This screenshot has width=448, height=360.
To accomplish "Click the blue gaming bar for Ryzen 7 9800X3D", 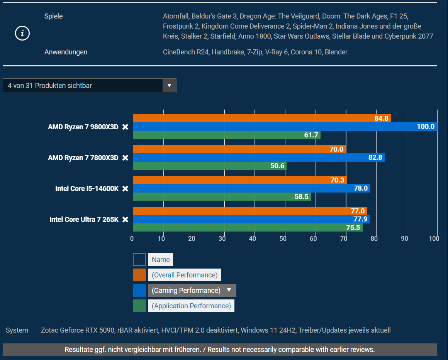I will [x=270, y=127].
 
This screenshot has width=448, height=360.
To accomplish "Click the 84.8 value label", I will [x=381, y=118].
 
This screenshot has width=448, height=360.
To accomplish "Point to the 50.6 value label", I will [x=277, y=166].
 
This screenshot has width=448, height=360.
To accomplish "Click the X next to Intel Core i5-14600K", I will [x=125, y=189].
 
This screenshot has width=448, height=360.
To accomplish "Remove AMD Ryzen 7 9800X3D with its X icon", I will [x=125, y=127].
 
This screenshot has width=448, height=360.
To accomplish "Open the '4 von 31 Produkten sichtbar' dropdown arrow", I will [x=169, y=86].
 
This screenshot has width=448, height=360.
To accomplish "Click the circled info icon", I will [x=22, y=34].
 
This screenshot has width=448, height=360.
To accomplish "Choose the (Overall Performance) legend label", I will [x=184, y=275].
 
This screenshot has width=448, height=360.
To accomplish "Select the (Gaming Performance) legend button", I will [x=192, y=291].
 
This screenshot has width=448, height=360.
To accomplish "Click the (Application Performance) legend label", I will [x=191, y=306].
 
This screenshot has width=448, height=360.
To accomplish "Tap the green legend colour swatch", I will [x=139, y=306].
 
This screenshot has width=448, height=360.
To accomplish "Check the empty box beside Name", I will [x=139, y=260].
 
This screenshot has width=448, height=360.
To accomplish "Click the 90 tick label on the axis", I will [x=404, y=238].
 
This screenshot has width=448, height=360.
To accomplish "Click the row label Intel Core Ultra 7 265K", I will [x=84, y=220].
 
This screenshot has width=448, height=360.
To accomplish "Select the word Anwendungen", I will [x=66, y=52].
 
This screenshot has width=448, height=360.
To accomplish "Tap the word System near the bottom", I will [x=17, y=330].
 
